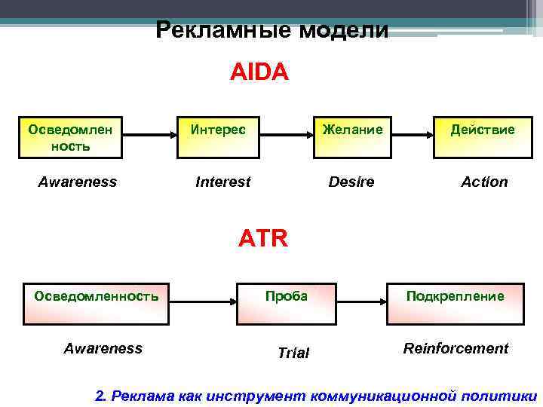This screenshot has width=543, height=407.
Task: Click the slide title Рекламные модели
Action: click(272, 30)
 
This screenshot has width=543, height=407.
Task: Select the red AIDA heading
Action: click(259, 72)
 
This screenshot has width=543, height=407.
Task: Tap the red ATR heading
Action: click(263, 239)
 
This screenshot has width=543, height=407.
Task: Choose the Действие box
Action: click(482, 136)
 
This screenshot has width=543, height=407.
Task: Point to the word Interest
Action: click(223, 182)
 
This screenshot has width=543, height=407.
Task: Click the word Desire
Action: click(351, 182)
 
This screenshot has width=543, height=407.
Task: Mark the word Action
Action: click(485, 182)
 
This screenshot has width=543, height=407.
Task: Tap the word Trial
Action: click(293, 352)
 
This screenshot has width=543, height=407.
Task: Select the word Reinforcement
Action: click(456, 348)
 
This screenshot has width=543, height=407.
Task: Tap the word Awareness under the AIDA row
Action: click(78, 182)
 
